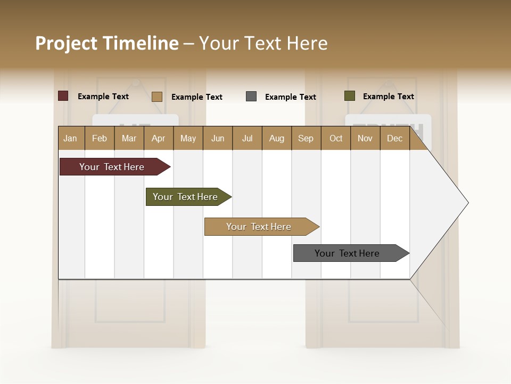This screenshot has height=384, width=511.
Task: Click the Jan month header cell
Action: pyautogui.click(x=71, y=138)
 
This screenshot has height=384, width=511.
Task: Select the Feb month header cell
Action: pyautogui.click(x=100, y=138)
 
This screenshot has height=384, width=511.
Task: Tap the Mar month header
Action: pyautogui.click(x=129, y=138)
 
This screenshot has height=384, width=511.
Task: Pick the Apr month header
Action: pyautogui.click(x=159, y=138)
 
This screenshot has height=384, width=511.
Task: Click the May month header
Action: pyautogui.click(x=188, y=138)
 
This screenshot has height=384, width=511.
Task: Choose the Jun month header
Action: pyautogui.click(x=218, y=138)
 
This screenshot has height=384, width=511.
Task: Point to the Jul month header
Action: pyautogui.click(x=247, y=138)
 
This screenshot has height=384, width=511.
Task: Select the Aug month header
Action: pyautogui.click(x=277, y=138)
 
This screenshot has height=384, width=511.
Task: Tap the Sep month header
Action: pyautogui.click(x=306, y=138)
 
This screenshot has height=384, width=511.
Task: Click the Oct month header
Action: pyautogui.click(x=336, y=138)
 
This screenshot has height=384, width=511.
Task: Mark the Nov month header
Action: pyautogui.click(x=365, y=138)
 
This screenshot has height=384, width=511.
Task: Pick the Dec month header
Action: pyautogui.click(x=395, y=138)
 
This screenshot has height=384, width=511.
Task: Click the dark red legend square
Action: pyautogui.click(x=63, y=96)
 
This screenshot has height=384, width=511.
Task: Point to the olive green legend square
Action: pyautogui.click(x=349, y=96)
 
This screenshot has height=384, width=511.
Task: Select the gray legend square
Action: pyautogui.click(x=251, y=97)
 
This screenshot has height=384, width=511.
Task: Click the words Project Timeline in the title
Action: pyautogui.click(x=107, y=43)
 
